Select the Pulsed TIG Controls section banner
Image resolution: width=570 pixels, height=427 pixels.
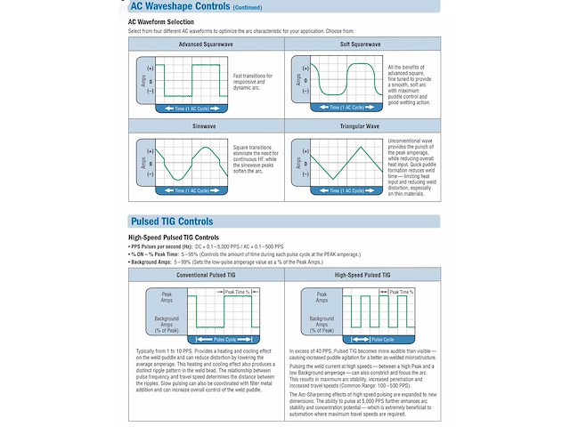tap(172, 221)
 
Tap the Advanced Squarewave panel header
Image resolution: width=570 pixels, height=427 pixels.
tap(205, 44)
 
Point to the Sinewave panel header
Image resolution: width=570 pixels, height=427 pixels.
tap(205, 126)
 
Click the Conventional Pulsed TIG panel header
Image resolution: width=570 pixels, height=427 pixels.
tap(205, 275)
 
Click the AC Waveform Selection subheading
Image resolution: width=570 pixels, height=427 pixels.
tap(161, 20)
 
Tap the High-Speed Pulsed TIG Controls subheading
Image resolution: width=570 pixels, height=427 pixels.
tap(174, 238)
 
